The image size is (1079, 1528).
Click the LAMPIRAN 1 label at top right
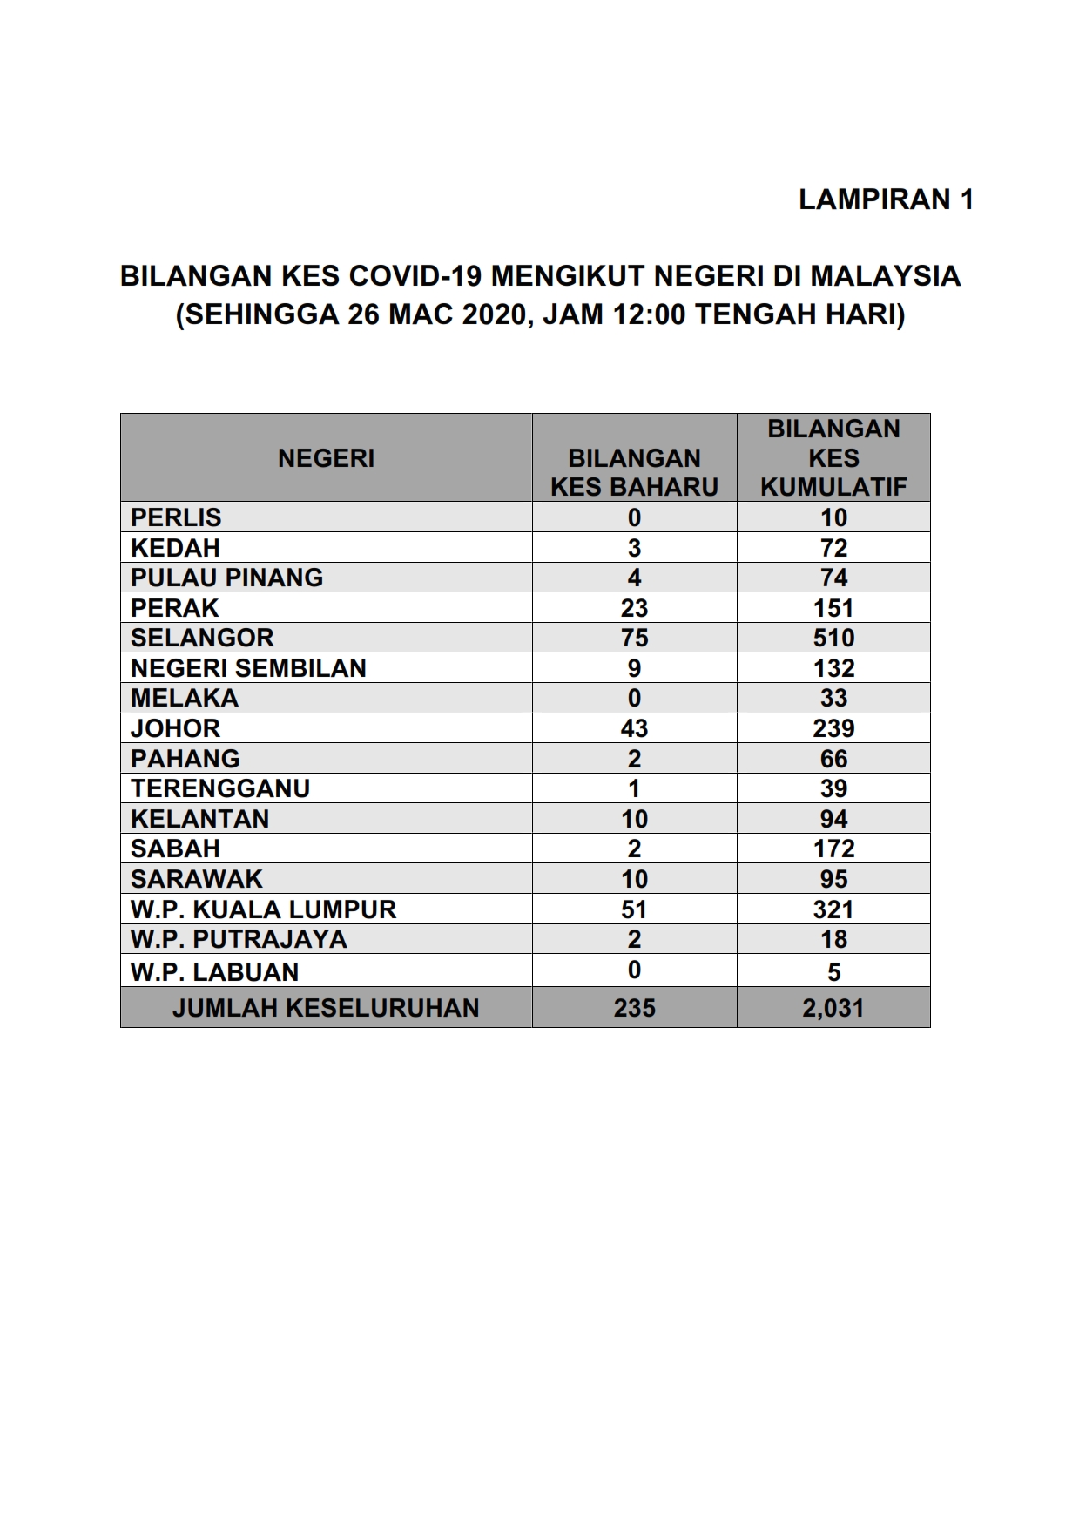click(x=885, y=199)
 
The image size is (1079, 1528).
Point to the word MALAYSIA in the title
click(x=885, y=276)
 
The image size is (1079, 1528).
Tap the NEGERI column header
click(x=326, y=458)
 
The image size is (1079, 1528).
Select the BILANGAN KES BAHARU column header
click(x=634, y=472)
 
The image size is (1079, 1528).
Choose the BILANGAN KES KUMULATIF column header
click(x=833, y=458)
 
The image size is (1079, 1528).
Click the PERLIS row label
click(x=176, y=517)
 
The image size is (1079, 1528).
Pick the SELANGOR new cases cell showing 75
click(x=634, y=638)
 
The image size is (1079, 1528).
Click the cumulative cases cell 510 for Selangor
click(x=833, y=638)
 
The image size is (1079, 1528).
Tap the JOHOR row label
click(x=175, y=728)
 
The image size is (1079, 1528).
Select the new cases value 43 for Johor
click(x=634, y=728)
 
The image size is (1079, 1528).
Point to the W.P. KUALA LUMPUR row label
click(x=263, y=909)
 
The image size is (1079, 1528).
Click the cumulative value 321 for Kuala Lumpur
click(x=833, y=909)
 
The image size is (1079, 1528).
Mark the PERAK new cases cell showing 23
click(x=634, y=608)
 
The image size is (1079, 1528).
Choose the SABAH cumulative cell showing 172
click(x=833, y=849)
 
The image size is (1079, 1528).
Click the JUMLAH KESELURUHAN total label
click(x=326, y=1008)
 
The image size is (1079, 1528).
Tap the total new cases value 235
click(x=634, y=1008)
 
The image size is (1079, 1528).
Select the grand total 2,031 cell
click(x=833, y=1008)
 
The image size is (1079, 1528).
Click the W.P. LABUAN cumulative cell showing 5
click(x=833, y=971)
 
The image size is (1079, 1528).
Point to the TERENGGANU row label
click(x=220, y=788)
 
